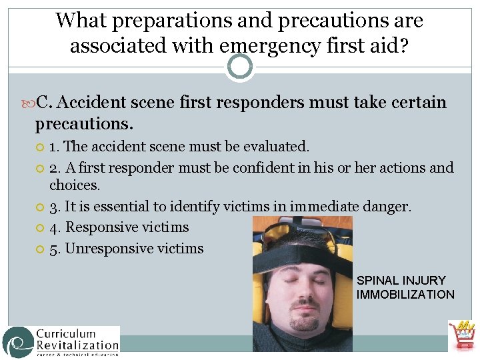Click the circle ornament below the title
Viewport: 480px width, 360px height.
coord(240,67)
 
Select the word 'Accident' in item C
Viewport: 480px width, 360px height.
coord(92,103)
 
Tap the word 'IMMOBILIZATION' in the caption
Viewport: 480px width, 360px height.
coord(405,295)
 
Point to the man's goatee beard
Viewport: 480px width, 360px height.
coord(304,323)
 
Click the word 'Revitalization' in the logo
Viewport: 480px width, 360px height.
coord(77,345)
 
